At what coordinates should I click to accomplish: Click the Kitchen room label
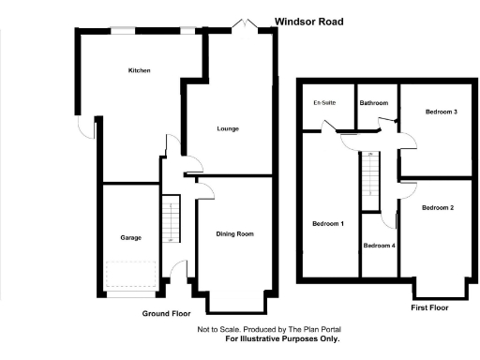tap(140, 70)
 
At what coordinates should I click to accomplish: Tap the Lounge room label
tap(228, 128)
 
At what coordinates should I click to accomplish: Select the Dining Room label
tap(235, 233)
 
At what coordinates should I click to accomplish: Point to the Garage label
tap(130, 238)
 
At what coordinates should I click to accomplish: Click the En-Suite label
tap(324, 102)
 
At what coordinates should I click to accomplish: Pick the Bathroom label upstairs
tap(374, 102)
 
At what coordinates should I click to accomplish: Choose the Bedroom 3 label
tap(441, 112)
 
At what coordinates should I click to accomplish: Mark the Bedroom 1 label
tap(328, 223)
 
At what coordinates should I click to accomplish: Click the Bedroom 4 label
tap(380, 246)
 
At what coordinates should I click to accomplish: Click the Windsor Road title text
tap(308, 21)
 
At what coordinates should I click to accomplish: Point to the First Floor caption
tap(429, 307)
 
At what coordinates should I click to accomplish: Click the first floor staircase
tap(372, 174)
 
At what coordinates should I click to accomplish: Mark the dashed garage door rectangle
tap(130, 276)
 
